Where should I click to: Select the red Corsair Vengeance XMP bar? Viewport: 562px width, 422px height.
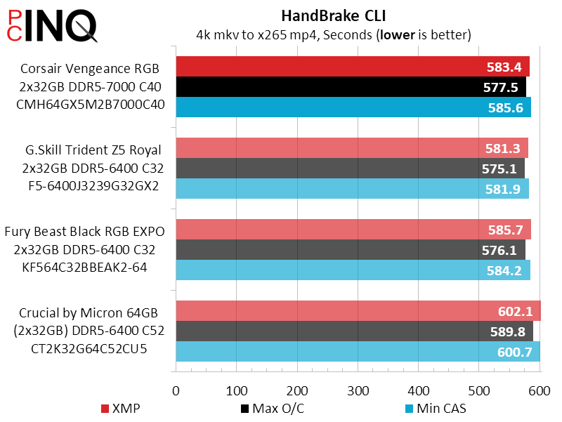pyautogui.click(x=330, y=67)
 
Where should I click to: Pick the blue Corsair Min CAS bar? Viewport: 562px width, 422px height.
pyautogui.click(x=330, y=107)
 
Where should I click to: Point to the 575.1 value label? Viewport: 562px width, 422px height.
pyautogui.click(x=500, y=169)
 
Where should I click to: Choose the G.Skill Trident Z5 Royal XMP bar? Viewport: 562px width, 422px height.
pyautogui.click(x=330, y=148)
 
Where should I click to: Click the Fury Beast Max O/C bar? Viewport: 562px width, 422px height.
pyautogui.click(x=330, y=250)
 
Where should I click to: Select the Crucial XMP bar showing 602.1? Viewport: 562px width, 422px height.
pyautogui.click(x=330, y=311)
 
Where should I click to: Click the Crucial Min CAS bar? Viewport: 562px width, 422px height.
pyautogui.click(x=330, y=352)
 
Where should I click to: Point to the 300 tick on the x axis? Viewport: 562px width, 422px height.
pyautogui.click(x=358, y=390)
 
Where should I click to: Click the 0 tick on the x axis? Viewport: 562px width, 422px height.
pyautogui.click(x=176, y=390)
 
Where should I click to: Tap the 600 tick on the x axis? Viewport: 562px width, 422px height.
pyautogui.click(x=540, y=390)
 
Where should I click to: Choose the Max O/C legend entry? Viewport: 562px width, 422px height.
pyautogui.click(x=271, y=408)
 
